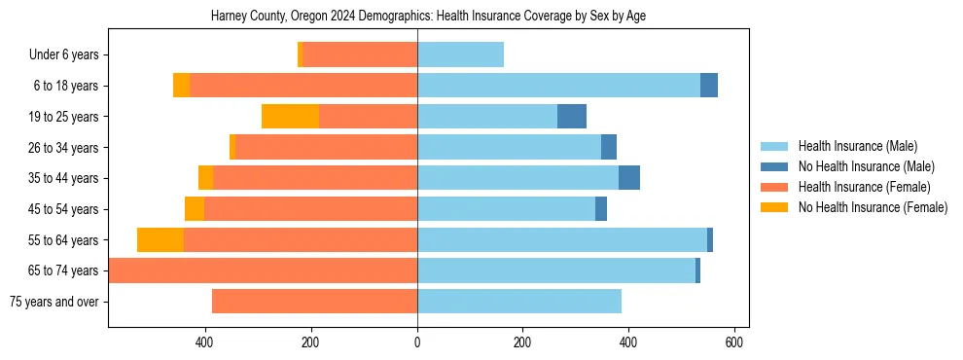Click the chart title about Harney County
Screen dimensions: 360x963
point(428,16)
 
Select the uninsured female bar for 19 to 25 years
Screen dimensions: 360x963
point(290,117)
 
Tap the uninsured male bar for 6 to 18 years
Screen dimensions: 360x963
point(708,86)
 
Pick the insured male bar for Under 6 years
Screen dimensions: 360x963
point(460,54)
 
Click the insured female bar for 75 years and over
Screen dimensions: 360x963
point(314,302)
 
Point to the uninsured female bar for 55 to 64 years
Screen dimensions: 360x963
point(160,240)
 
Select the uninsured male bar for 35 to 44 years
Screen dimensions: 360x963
point(629,178)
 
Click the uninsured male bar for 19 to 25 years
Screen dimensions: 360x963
point(572,117)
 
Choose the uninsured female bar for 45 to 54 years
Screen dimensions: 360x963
point(195,209)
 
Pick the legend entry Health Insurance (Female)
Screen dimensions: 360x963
point(864,187)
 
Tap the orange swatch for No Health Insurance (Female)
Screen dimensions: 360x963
point(774,207)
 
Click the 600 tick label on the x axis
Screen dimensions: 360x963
point(734,343)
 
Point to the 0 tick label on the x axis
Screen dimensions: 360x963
point(417,343)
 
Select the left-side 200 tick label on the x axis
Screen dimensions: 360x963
point(311,343)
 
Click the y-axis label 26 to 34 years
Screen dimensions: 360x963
point(64,148)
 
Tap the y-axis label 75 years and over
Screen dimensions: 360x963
point(54,302)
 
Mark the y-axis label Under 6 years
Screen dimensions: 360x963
point(63,55)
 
